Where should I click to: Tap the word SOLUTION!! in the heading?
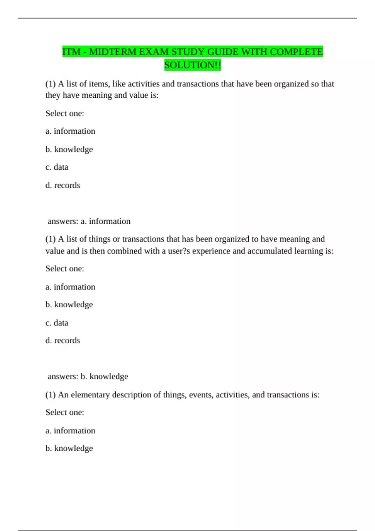pos(192,65)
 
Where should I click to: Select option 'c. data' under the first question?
pos(57,167)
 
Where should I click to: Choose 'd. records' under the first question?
pos(63,185)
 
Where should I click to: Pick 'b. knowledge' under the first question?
pos(69,149)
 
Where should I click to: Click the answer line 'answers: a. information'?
pos(89,221)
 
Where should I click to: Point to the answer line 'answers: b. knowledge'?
pos(87,376)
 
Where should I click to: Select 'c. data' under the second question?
pos(57,323)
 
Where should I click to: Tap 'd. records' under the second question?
pos(63,340)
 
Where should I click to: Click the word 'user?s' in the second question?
pos(179,251)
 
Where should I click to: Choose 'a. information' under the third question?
pos(70,430)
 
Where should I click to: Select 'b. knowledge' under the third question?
pos(69,448)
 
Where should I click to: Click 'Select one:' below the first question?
pos(65,113)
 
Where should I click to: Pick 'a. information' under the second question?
pos(70,287)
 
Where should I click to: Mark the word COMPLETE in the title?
pos(296,52)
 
